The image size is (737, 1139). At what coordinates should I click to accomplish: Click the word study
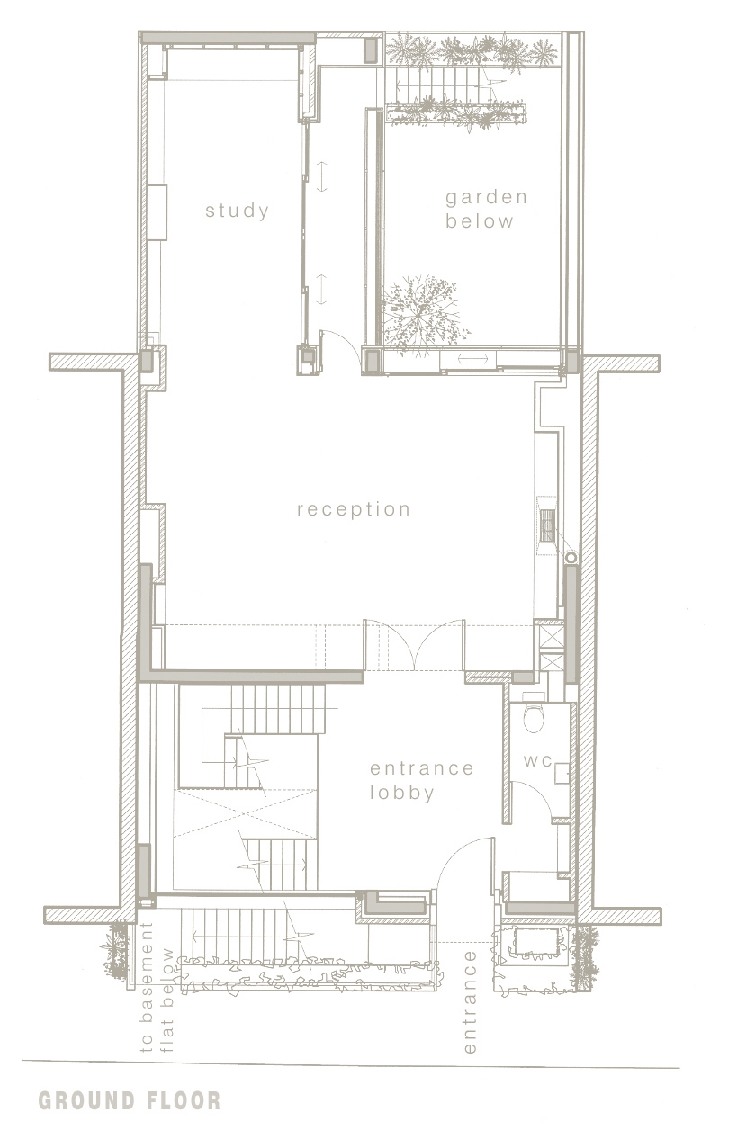[237, 211]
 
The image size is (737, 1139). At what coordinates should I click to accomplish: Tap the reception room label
[354, 510]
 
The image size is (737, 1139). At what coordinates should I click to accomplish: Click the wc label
[537, 761]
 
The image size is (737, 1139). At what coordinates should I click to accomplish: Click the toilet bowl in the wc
[533, 718]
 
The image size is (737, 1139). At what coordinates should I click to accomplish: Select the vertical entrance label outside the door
[470, 1009]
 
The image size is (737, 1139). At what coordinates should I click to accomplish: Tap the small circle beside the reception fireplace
[571, 557]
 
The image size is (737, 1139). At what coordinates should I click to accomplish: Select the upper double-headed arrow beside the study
[321, 176]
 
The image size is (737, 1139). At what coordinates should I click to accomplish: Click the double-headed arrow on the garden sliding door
[472, 359]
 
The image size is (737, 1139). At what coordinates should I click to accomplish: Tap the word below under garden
[479, 221]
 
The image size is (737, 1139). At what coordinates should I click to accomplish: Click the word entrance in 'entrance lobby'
[422, 767]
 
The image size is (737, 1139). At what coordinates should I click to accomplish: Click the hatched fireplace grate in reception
[548, 525]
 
